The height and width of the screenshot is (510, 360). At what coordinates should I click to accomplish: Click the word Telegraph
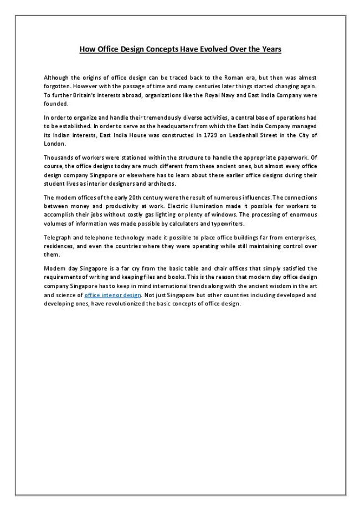pos(57,238)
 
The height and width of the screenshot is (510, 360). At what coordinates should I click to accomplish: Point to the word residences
pos(58,246)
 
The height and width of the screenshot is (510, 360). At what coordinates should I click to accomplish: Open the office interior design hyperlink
pos(112,295)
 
